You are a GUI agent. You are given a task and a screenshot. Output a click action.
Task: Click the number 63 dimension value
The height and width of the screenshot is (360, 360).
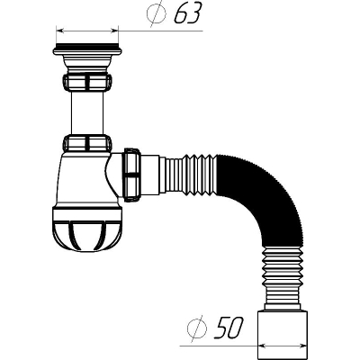(188, 13)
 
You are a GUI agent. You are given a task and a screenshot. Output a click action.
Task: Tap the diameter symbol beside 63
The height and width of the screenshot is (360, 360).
(157, 13)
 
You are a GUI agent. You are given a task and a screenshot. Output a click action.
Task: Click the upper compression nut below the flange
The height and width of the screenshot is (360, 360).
(87, 82)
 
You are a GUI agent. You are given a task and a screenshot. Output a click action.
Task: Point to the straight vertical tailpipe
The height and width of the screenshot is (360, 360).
(87, 112)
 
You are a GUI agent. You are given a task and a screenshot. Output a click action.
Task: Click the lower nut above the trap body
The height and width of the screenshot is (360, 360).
(87, 143)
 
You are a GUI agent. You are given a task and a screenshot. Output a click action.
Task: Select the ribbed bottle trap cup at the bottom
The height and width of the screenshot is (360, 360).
(87, 229)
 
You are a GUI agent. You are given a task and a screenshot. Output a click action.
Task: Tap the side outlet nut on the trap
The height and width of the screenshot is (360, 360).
(132, 175)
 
